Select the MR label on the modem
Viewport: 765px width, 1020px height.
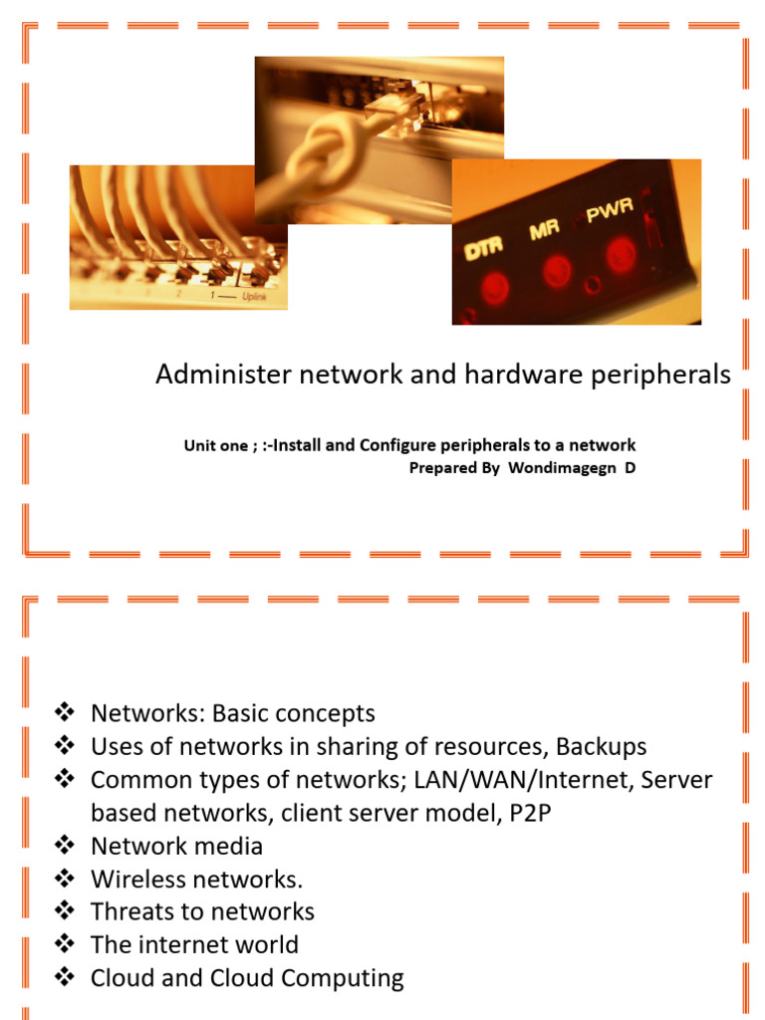coord(545,231)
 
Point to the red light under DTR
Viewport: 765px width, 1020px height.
coord(492,288)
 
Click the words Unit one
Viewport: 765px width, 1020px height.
coord(216,445)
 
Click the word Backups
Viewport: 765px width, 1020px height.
coord(601,746)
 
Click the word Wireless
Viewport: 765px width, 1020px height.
coord(133,879)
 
